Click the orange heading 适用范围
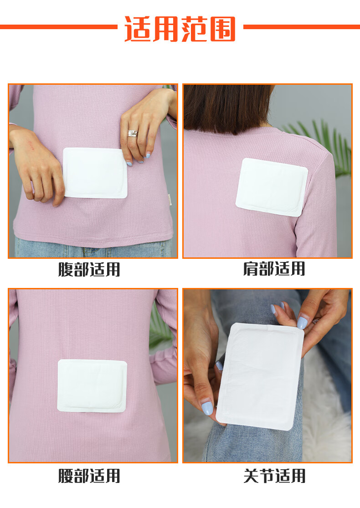click(x=180, y=29)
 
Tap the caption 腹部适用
click(x=89, y=269)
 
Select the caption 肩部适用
click(x=274, y=269)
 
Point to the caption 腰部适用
click(x=89, y=476)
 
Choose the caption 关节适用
click(x=274, y=476)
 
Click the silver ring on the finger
click(x=133, y=133)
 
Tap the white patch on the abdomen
click(x=95, y=173)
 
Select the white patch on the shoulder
click(x=272, y=187)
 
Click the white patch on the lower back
click(x=92, y=385)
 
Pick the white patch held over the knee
click(x=260, y=376)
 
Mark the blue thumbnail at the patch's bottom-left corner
click(x=207, y=408)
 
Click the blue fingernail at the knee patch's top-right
click(x=302, y=323)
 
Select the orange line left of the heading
click(x=59, y=27)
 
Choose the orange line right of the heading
click(x=301, y=27)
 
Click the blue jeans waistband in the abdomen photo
click(x=93, y=248)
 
